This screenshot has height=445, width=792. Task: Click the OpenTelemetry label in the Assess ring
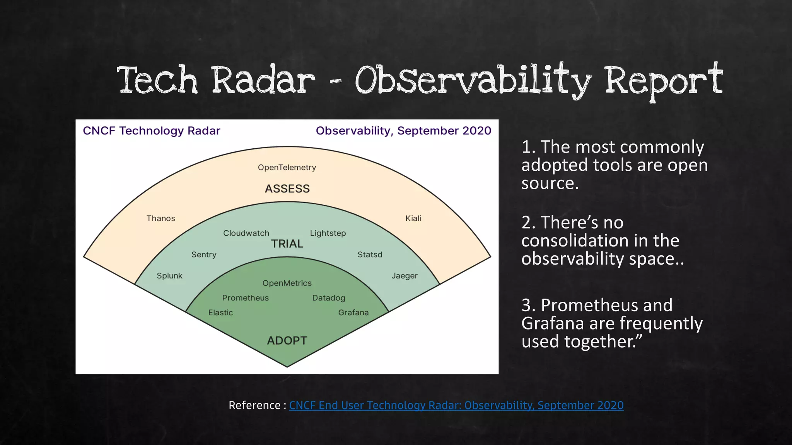coord(287,167)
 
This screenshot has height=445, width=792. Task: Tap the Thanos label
coord(160,218)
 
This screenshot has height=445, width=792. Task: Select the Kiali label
coord(413,218)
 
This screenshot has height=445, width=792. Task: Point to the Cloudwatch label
coord(246,233)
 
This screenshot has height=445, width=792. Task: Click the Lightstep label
coord(328,233)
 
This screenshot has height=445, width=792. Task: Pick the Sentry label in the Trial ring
coord(204,255)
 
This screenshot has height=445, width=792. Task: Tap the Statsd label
coord(370,255)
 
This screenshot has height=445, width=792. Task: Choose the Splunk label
coord(169,276)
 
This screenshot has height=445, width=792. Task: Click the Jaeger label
coord(404,276)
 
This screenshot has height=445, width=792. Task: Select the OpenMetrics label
coord(287,283)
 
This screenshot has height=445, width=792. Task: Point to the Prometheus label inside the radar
coord(245,298)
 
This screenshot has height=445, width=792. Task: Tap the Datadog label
coord(328,298)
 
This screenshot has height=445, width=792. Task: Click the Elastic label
coord(220,313)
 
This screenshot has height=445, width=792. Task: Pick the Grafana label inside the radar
coord(353,313)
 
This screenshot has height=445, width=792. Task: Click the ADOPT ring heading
coord(287,341)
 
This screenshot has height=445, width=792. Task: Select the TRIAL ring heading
coord(287,244)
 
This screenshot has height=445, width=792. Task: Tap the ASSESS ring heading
coord(287,189)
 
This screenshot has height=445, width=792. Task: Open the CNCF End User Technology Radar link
coord(456,405)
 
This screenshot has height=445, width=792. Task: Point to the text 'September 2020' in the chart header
coord(444,131)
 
